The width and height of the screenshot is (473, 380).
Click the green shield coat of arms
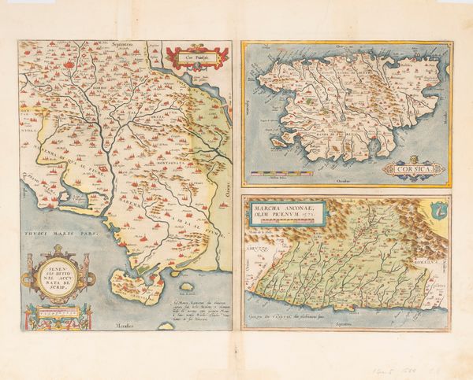coord(438,208)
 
